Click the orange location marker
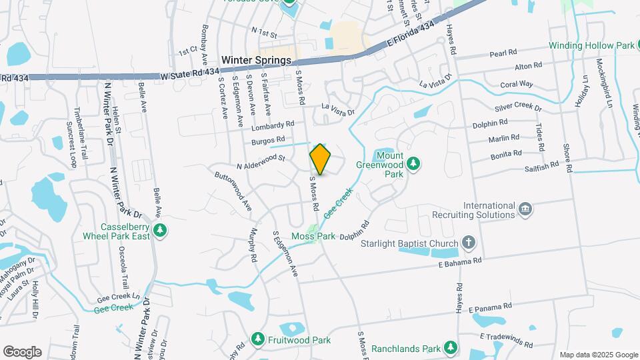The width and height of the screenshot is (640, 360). (321, 159)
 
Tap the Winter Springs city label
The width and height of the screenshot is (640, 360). (257, 60)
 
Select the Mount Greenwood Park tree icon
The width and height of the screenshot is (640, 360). (413, 163)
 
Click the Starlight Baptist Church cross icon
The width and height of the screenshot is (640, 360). (469, 243)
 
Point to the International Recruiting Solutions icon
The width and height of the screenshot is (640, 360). (526, 209)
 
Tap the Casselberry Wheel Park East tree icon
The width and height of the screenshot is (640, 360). (159, 231)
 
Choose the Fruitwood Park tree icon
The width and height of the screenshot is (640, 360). (257, 339)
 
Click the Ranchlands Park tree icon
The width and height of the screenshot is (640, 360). (451, 348)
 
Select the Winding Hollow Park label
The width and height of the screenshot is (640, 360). (591, 46)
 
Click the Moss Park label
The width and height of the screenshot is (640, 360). (308, 237)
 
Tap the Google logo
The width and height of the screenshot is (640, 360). (22, 352)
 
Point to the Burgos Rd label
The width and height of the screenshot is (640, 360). (269, 141)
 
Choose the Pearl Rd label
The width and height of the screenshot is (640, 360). (503, 53)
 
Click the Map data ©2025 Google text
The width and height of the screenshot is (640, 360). (598, 355)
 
